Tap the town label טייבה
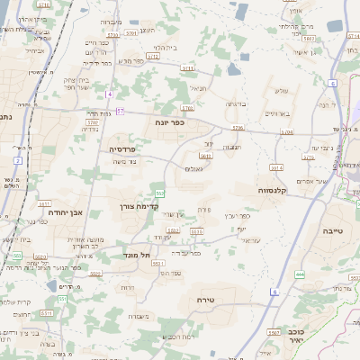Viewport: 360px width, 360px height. point(334,231)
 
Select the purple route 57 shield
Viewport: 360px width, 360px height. point(119,111)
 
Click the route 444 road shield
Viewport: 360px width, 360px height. point(299,274)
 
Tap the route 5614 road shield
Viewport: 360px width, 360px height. point(275,167)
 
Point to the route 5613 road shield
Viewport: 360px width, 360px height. point(206,156)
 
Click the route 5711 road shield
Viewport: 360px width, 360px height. point(187,68)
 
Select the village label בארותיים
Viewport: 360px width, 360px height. point(277,113)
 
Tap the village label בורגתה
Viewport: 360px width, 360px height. point(236,103)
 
